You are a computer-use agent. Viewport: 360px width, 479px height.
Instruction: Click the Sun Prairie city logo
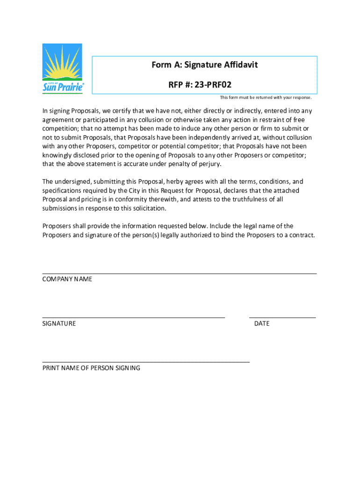pyautogui.click(x=63, y=69)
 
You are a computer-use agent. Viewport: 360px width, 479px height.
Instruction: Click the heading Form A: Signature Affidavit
pyautogui.click(x=204, y=65)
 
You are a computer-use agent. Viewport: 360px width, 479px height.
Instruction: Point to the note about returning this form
pyautogui.click(x=266, y=98)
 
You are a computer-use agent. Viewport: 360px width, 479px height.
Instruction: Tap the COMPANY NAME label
pyautogui.click(x=67, y=279)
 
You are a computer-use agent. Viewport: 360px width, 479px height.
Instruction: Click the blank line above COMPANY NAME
pyautogui.click(x=180, y=274)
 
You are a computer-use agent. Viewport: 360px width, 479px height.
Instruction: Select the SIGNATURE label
pyautogui.click(x=59, y=324)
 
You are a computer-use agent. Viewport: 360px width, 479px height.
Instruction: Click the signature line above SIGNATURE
pyautogui.click(x=134, y=318)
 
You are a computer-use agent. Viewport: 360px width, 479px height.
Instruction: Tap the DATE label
pyautogui.click(x=262, y=324)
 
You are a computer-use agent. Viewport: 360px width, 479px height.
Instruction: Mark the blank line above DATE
pyautogui.click(x=282, y=318)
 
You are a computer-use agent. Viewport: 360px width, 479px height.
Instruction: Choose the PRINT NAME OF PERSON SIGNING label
pyautogui.click(x=91, y=368)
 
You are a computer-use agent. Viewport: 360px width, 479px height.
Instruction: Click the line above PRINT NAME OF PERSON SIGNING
pyautogui.click(x=146, y=362)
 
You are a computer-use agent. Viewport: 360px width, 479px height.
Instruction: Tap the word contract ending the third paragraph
pyautogui.click(x=301, y=235)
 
